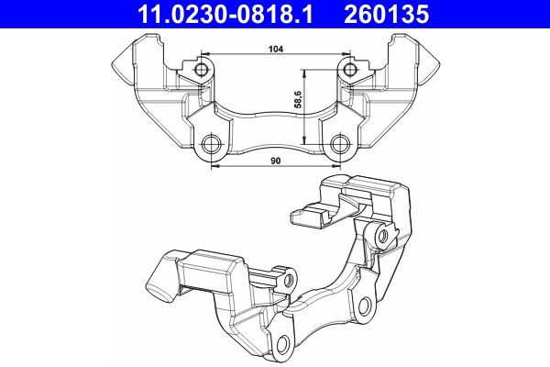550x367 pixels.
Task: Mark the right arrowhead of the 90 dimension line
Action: (x=336, y=168)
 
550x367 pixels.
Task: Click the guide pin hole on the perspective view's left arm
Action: (x=289, y=277)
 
